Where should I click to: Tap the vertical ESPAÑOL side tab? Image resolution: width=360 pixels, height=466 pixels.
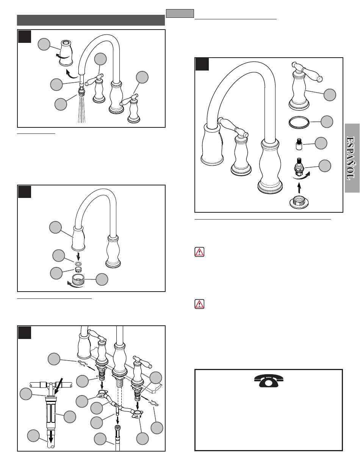[x=352, y=158]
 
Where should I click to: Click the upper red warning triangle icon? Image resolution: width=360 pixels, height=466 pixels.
[x=199, y=251]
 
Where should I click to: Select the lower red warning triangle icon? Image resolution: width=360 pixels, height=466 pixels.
[x=199, y=304]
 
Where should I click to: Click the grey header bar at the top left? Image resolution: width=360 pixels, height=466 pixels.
[x=91, y=20]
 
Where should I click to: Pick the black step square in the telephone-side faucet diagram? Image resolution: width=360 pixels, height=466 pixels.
[x=202, y=64]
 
